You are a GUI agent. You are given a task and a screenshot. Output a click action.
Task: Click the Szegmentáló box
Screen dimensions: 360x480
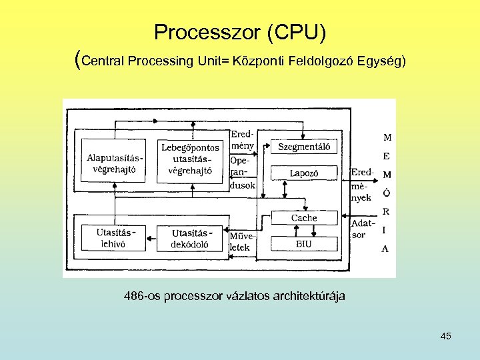pyautogui.click(x=303, y=147)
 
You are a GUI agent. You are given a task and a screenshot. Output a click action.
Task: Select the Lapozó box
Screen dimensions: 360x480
pyautogui.click(x=303, y=173)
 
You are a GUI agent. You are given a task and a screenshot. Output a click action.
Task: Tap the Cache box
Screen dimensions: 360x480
pyautogui.click(x=303, y=218)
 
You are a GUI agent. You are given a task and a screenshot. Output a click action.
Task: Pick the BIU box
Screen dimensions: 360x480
pyautogui.click(x=303, y=244)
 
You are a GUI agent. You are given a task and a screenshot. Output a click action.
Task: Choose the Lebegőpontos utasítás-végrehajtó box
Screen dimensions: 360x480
pyautogui.click(x=190, y=160)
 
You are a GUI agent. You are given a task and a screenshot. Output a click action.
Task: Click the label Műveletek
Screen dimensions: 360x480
pyautogui.click(x=240, y=241)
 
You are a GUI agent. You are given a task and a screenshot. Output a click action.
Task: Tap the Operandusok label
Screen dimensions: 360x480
pyautogui.click(x=242, y=173)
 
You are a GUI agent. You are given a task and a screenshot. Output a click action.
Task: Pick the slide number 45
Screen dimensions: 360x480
pyautogui.click(x=445, y=336)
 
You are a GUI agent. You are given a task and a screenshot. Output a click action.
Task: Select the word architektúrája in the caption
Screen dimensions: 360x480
pyautogui.click(x=309, y=295)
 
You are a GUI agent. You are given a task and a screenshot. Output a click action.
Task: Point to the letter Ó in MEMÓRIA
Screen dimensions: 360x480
pyautogui.click(x=387, y=193)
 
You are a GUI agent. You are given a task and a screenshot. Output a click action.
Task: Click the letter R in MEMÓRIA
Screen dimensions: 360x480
pyautogui.click(x=386, y=211)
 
